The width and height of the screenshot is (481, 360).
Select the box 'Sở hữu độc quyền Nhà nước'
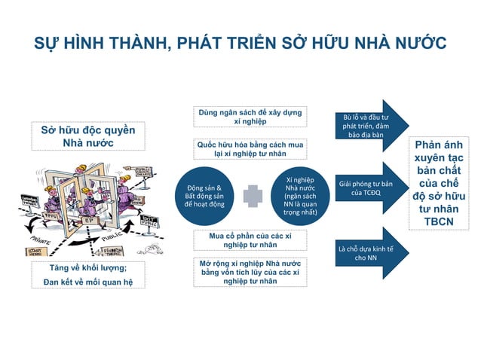click(x=87, y=136)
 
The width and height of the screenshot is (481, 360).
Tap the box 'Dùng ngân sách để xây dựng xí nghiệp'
click(x=249, y=117)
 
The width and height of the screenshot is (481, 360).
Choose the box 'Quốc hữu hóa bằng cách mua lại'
click(x=249, y=148)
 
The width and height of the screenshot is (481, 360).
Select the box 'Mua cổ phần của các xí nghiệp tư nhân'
click(x=249, y=239)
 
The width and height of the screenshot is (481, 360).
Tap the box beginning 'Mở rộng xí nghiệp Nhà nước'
click(x=249, y=272)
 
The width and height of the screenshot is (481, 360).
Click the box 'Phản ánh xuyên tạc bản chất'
click(x=439, y=182)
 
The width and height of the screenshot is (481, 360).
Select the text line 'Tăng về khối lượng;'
click(x=87, y=269)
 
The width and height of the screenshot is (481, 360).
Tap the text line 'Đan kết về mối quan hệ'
click(x=87, y=282)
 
